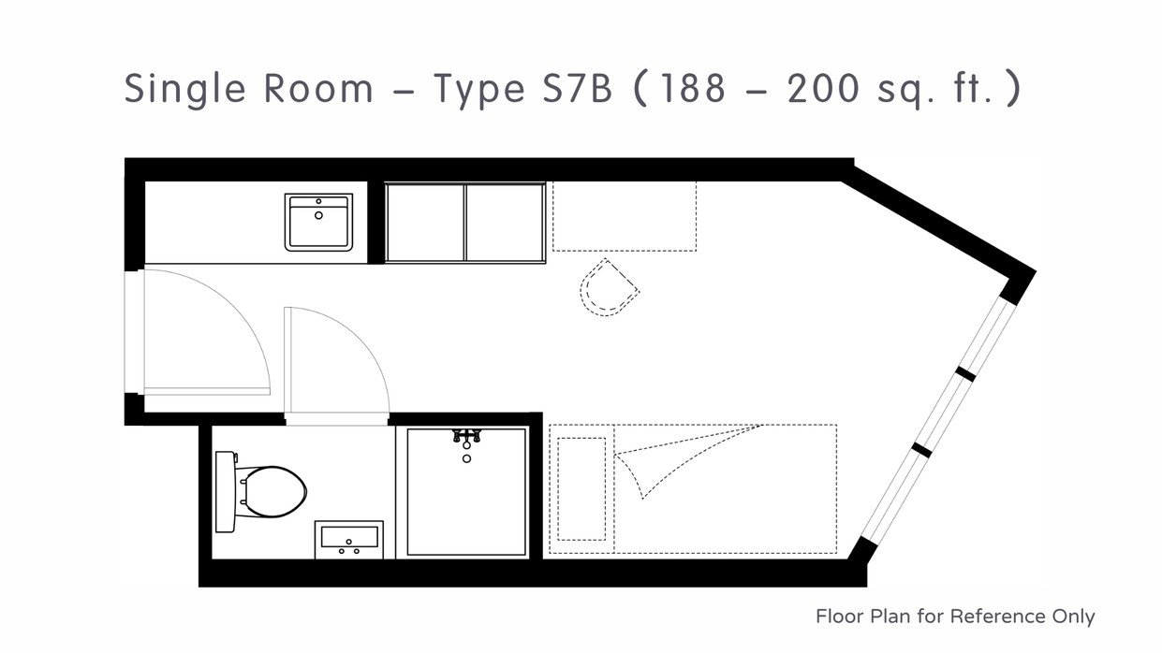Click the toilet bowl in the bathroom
click(x=275, y=491)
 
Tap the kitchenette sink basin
click(x=318, y=223)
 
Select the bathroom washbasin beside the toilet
click(x=349, y=540)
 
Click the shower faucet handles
click(x=467, y=436)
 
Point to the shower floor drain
click(x=467, y=458)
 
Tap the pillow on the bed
click(x=581, y=488)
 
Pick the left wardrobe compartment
click(x=425, y=223)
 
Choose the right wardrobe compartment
click(x=505, y=223)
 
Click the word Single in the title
click(x=184, y=90)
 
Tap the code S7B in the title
click(x=577, y=88)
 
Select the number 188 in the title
click(x=693, y=88)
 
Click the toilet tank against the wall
click(x=225, y=491)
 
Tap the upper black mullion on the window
click(x=965, y=373)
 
